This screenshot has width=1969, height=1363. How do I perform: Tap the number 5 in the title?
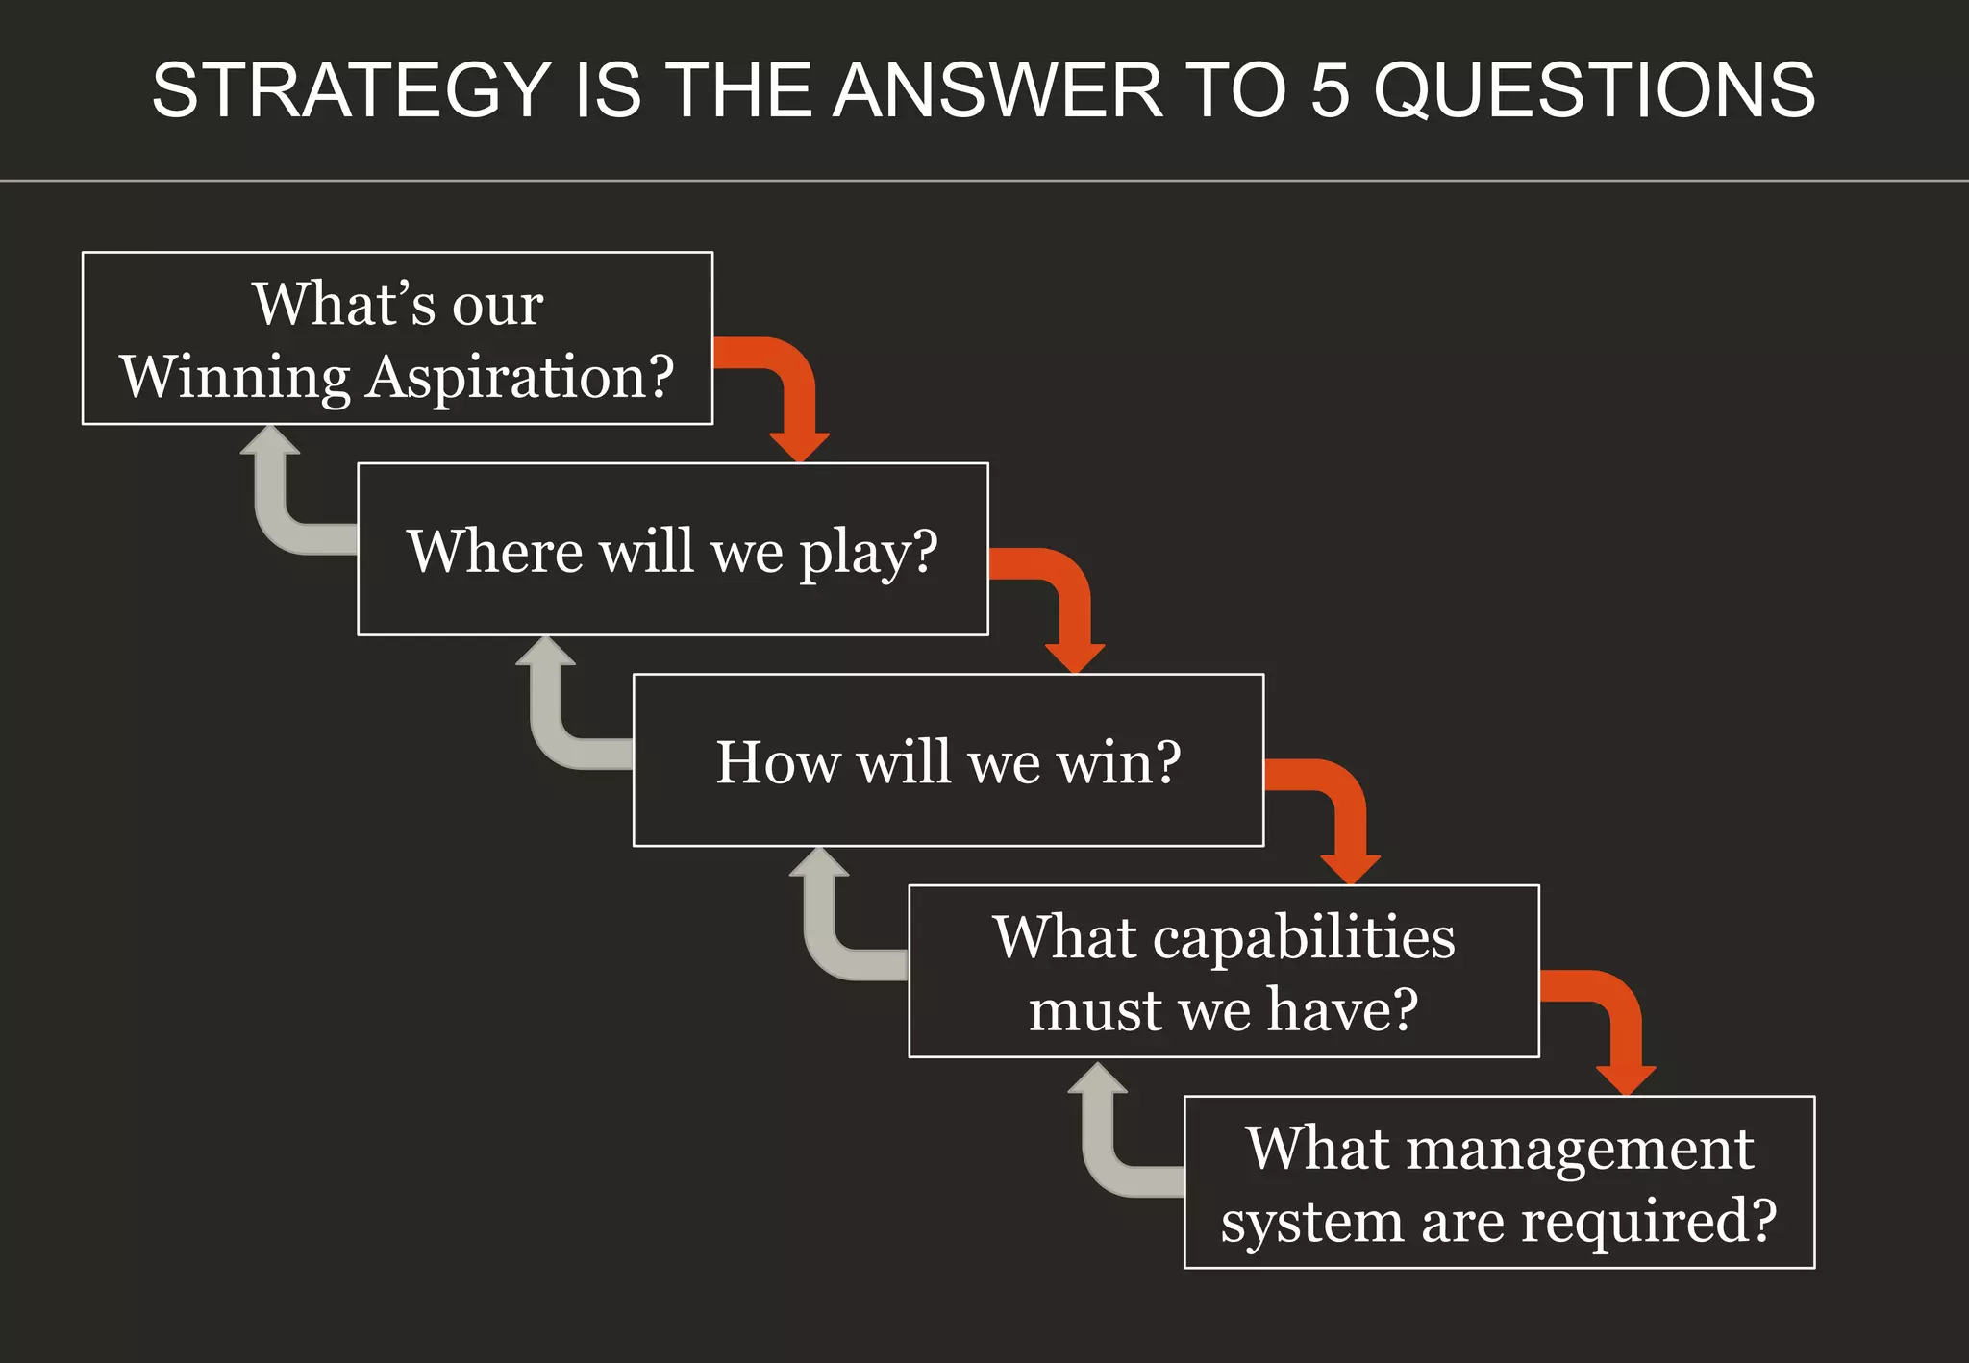pos(1331,90)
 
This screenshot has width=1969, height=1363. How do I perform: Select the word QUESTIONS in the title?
pos(1594,90)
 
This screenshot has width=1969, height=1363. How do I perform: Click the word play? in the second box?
pos(868,553)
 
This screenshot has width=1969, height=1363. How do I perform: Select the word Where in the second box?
pos(494,552)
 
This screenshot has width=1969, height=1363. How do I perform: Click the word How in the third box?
pos(778,763)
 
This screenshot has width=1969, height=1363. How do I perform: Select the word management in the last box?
pos(1580,1148)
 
